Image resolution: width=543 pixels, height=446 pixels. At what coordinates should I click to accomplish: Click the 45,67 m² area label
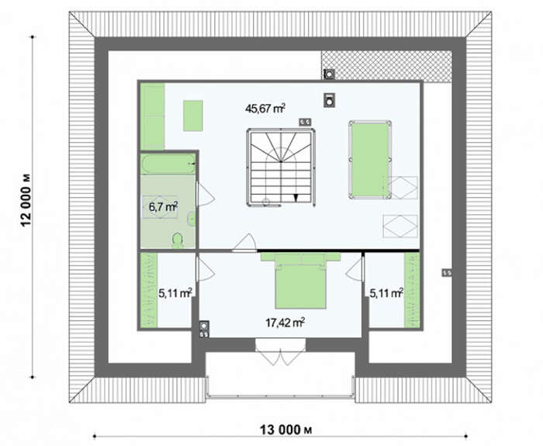point(265,109)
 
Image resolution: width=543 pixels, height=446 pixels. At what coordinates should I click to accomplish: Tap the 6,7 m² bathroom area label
point(163,207)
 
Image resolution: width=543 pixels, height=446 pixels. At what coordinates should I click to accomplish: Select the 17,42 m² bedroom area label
point(285,323)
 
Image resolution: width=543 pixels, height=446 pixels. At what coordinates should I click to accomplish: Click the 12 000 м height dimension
point(26,200)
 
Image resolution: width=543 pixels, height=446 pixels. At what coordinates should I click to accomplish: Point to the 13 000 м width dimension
point(286,430)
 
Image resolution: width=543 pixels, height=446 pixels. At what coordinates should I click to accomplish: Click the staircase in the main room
point(281,168)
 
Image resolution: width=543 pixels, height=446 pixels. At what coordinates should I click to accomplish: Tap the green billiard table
point(370,160)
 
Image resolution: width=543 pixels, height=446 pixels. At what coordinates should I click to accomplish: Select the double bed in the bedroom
point(301,281)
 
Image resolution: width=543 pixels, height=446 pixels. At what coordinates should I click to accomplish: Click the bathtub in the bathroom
point(168,164)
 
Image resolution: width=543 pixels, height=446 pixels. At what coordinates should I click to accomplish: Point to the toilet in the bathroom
point(178,240)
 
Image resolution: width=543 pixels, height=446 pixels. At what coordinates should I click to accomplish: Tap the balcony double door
point(281,352)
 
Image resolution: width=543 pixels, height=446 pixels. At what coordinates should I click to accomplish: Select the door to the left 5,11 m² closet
point(206,269)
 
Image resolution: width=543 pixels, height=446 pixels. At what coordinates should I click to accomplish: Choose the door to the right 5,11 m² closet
point(355,269)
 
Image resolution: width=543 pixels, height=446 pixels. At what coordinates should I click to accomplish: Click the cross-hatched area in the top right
point(386,66)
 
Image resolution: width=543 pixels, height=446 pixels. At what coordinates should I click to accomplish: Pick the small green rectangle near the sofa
point(193,116)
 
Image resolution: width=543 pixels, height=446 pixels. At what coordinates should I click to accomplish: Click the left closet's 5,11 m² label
point(175,293)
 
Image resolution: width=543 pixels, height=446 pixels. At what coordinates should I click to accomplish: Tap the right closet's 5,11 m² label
point(386,293)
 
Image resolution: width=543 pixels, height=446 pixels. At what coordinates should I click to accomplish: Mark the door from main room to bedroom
point(245,242)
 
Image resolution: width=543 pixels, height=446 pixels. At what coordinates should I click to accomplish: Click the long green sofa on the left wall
point(153,116)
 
